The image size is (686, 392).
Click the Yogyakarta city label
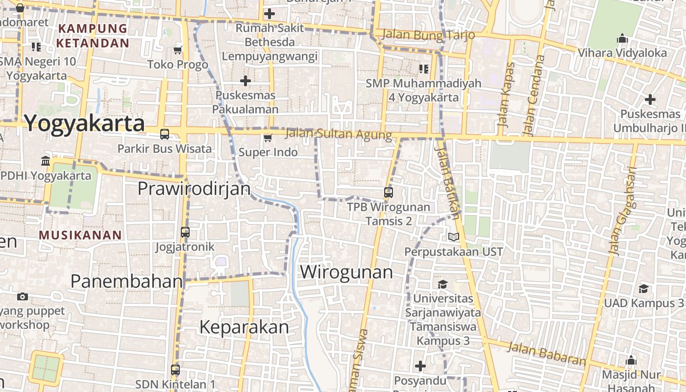click(x=84, y=123)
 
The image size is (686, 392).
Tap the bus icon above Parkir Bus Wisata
click(x=165, y=134)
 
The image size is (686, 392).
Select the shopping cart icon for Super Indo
click(x=268, y=138)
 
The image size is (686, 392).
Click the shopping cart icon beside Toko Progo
click(x=177, y=50)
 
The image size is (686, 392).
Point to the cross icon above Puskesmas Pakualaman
click(x=245, y=80)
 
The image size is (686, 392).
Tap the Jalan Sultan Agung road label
click(x=338, y=134)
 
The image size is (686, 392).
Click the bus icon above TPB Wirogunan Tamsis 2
click(x=389, y=192)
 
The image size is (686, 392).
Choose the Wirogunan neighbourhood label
click(x=346, y=272)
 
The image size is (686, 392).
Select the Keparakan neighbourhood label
click(x=244, y=327)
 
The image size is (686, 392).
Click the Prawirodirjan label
click(x=194, y=188)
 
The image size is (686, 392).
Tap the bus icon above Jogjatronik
click(x=185, y=232)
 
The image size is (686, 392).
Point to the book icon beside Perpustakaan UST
click(x=454, y=237)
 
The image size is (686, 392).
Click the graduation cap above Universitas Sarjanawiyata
click(x=442, y=284)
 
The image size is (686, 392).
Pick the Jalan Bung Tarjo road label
click(x=428, y=35)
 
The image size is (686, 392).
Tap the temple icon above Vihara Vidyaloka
click(x=622, y=38)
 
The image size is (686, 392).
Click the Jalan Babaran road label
click(x=546, y=353)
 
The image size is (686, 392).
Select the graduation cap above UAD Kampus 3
click(x=643, y=289)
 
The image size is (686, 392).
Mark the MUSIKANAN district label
click(x=80, y=235)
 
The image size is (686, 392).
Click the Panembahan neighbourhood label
click(x=126, y=281)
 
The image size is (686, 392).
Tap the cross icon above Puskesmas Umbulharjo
click(x=650, y=99)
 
